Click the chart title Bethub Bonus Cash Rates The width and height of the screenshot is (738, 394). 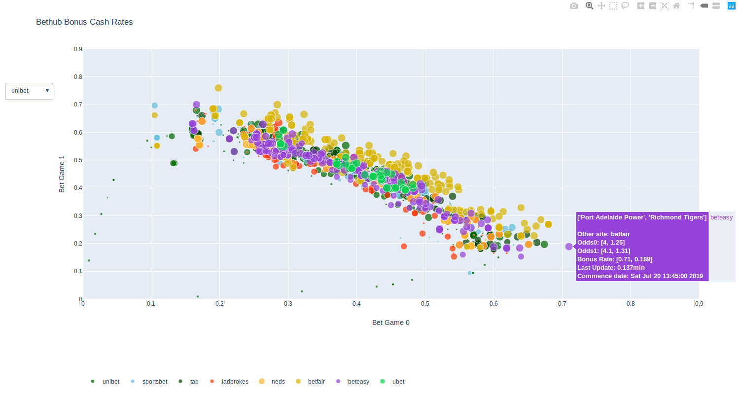click(x=84, y=22)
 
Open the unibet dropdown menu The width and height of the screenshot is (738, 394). click(x=29, y=91)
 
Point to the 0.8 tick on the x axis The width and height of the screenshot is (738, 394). click(x=631, y=304)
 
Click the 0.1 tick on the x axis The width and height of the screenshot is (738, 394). click(x=151, y=304)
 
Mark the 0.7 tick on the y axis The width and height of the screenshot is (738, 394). click(x=78, y=105)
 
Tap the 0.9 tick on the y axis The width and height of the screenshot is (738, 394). click(x=78, y=49)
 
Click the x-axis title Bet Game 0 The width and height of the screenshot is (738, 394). click(x=390, y=322)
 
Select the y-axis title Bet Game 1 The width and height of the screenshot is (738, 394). click(x=62, y=174)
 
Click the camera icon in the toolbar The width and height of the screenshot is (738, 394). click(x=573, y=6)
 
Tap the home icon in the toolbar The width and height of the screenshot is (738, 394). click(x=676, y=6)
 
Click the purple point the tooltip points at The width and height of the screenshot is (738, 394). click(x=569, y=247)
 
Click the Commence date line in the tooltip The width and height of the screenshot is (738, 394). click(x=640, y=276)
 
